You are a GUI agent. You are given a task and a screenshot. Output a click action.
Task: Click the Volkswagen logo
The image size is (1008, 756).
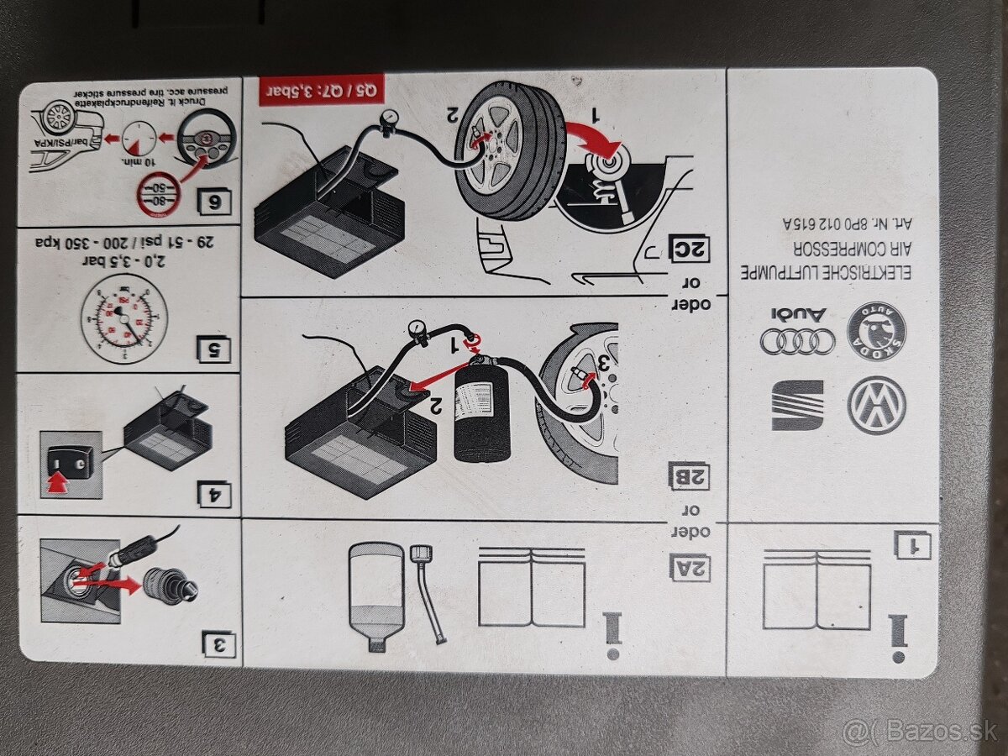[x=876, y=405]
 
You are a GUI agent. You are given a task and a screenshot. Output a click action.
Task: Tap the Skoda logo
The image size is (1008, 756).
[x=876, y=332]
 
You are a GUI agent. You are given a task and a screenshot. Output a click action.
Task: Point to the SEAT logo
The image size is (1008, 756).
[x=797, y=405]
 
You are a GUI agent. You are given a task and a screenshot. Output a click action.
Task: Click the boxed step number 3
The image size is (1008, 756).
[x=219, y=644]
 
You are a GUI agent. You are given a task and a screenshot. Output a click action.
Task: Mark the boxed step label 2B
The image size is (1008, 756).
[x=689, y=475]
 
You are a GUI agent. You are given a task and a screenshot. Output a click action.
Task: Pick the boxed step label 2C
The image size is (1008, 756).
[x=689, y=248]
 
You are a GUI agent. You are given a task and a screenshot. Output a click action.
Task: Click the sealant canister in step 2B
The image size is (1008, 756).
[x=482, y=408]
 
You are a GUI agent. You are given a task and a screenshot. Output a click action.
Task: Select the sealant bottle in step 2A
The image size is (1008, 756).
[x=375, y=594]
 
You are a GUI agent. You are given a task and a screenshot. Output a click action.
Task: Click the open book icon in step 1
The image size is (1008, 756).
[x=816, y=589]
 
